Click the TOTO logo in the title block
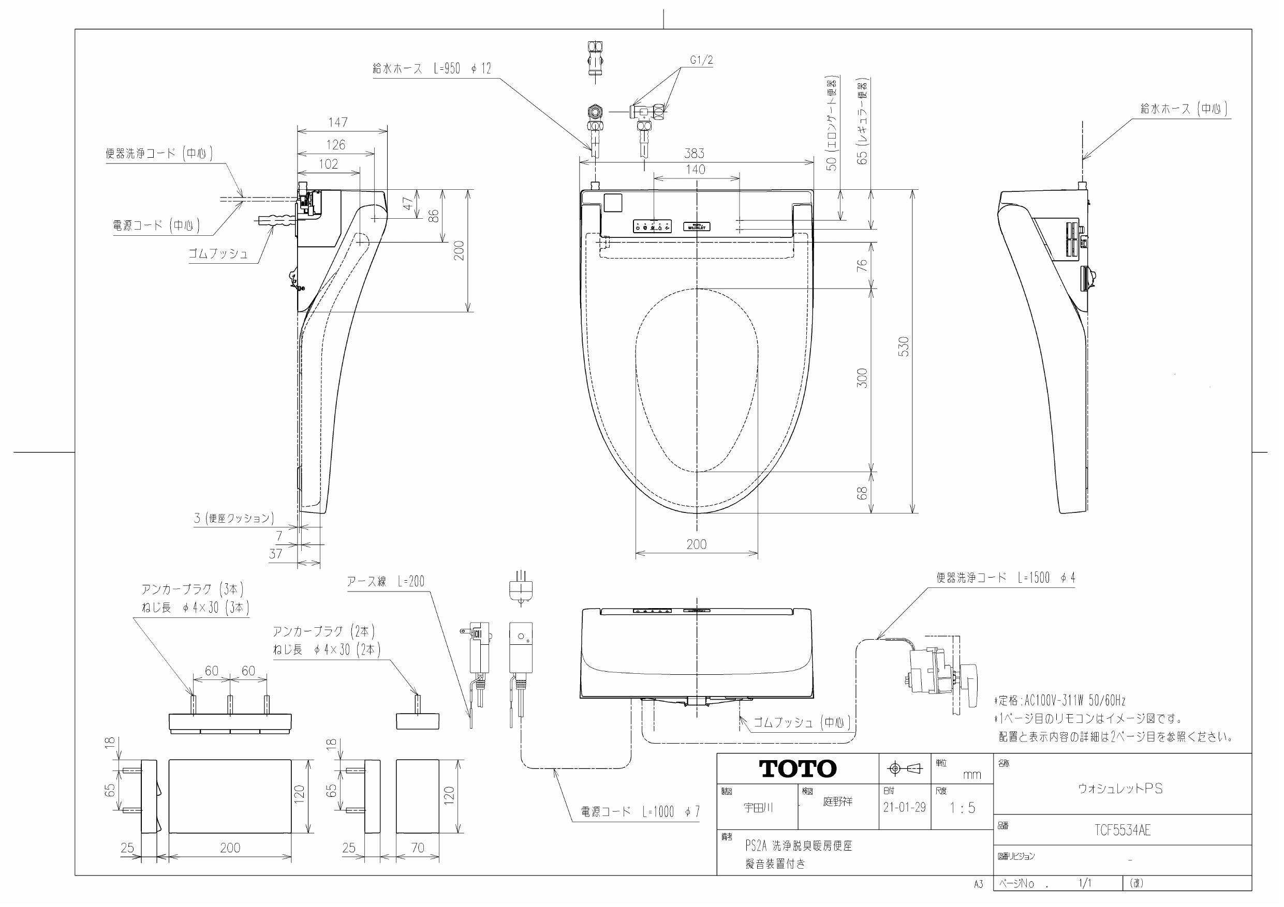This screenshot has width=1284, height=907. (x=798, y=769)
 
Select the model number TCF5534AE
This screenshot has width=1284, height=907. (x=1123, y=830)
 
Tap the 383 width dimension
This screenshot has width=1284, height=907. (x=694, y=153)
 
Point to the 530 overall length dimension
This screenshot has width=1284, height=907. (x=904, y=346)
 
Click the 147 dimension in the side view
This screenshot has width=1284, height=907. (x=338, y=122)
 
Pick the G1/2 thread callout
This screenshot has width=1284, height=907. (x=701, y=61)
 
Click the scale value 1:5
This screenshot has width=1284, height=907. (x=962, y=808)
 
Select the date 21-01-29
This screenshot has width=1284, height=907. (x=904, y=808)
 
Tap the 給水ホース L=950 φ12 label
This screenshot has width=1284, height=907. (x=431, y=69)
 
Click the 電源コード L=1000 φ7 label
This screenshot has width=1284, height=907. (x=640, y=812)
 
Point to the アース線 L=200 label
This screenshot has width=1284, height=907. (x=386, y=581)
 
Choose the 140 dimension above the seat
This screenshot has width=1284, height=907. (x=695, y=169)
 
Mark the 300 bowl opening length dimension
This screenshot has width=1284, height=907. (x=862, y=379)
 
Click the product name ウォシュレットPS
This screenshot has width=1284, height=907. (x=1120, y=789)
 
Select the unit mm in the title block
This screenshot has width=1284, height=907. (x=972, y=775)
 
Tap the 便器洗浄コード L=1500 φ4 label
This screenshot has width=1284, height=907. (x=1006, y=579)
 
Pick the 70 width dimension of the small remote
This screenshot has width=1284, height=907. (x=418, y=848)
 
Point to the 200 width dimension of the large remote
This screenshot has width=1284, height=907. (x=230, y=848)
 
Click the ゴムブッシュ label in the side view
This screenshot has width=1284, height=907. (x=218, y=253)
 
